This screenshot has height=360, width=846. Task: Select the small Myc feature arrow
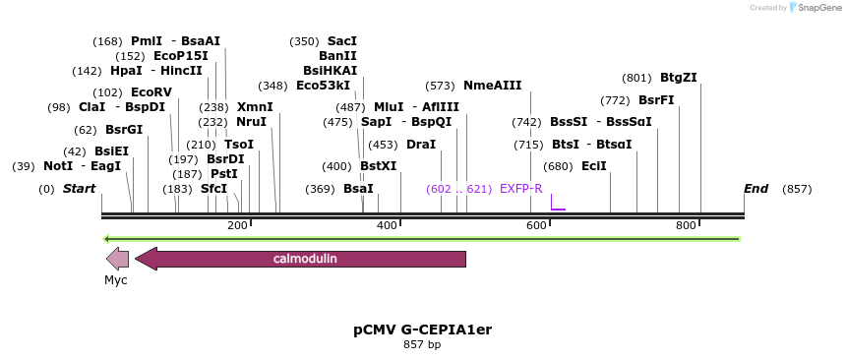(x=117, y=259)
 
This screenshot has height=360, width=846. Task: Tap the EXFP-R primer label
(x=520, y=188)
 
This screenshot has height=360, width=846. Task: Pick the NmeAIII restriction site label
(x=492, y=86)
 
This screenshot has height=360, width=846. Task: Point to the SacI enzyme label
(x=342, y=41)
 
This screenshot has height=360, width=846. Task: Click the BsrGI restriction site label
(x=124, y=129)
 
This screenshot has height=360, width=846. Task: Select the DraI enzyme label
(x=421, y=145)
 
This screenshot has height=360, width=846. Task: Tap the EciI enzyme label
(x=594, y=166)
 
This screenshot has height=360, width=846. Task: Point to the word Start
(x=80, y=188)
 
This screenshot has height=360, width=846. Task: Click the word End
(x=755, y=188)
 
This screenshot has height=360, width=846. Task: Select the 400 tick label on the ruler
(x=387, y=225)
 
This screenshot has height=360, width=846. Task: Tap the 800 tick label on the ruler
(x=686, y=225)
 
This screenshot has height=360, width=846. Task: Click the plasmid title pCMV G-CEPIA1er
(x=422, y=330)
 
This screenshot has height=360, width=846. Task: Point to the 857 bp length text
(x=422, y=344)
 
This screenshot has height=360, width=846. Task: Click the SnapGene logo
(x=813, y=8)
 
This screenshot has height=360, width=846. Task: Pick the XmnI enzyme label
(x=255, y=107)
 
